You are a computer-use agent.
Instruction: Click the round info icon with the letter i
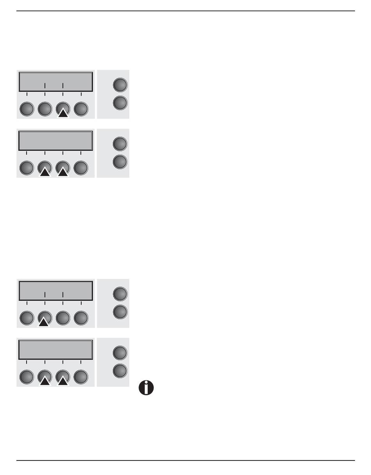click(x=146, y=388)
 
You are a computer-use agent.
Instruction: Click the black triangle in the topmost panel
click(x=63, y=113)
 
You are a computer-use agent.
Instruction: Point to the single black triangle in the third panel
click(x=44, y=321)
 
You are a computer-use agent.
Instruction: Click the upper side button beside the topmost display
click(x=120, y=84)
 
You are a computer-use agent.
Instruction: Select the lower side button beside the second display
click(x=120, y=162)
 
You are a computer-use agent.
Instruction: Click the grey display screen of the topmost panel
click(x=55, y=81)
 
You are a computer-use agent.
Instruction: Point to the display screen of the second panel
click(x=55, y=141)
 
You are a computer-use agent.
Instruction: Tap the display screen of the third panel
click(x=55, y=290)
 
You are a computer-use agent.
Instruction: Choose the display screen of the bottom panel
click(x=55, y=349)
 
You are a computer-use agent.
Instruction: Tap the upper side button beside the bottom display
click(x=120, y=352)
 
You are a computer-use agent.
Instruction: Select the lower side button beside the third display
click(x=120, y=312)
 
